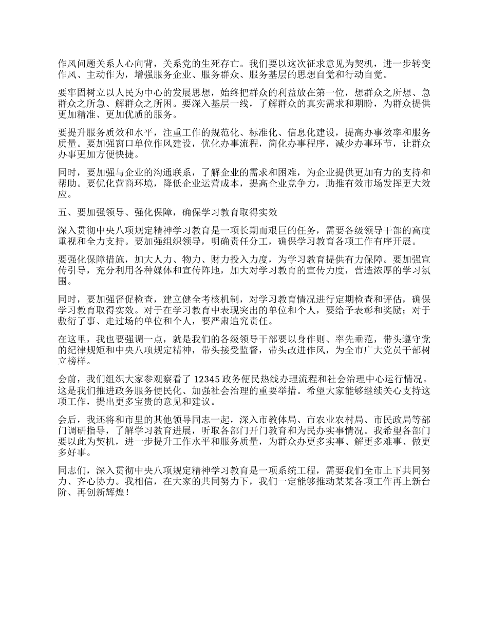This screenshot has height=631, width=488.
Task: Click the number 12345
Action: pyautogui.click(x=208, y=379)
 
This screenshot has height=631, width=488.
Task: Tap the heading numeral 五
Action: pyautogui.click(x=62, y=209)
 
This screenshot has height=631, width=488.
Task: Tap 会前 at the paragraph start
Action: pyautogui.click(x=66, y=379)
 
